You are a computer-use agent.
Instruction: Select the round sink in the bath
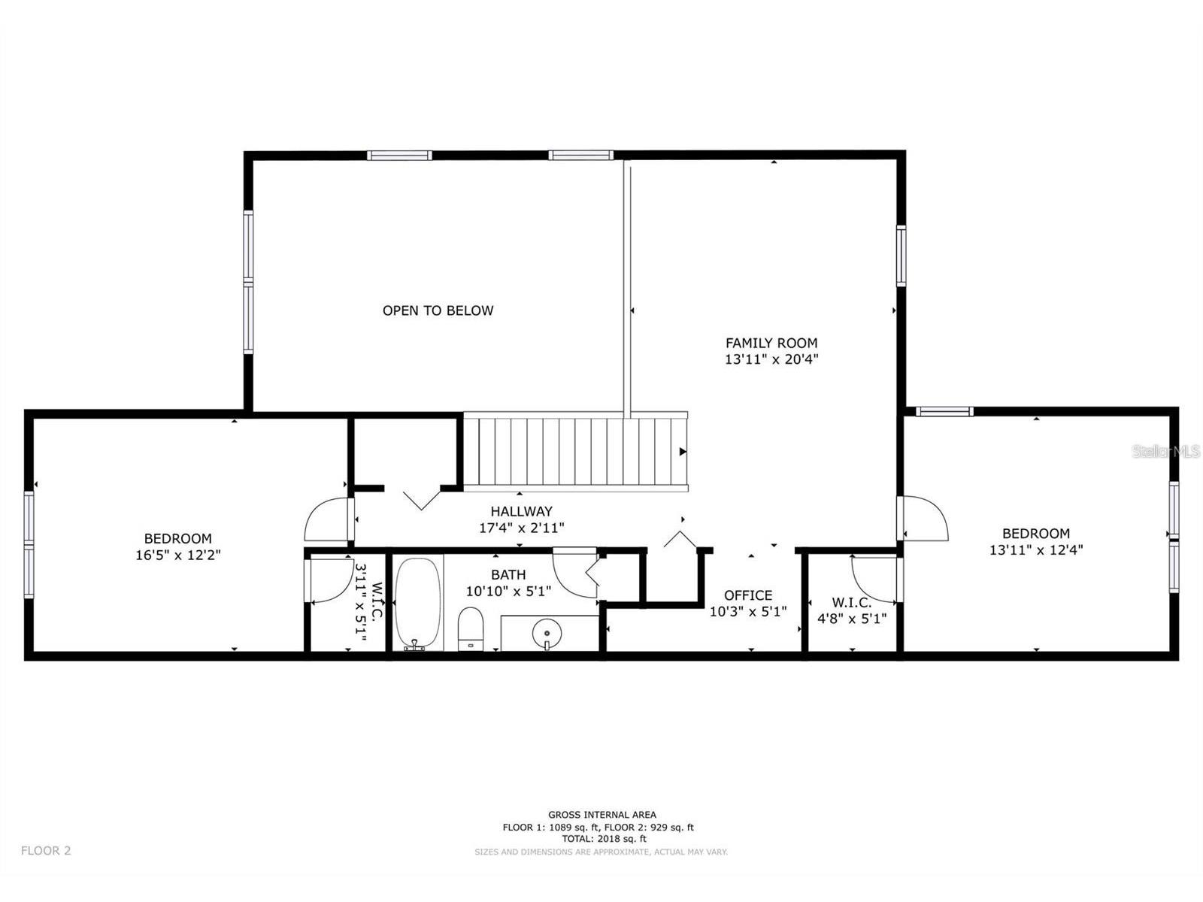coord(547,633)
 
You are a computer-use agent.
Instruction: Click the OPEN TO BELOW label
coord(438,310)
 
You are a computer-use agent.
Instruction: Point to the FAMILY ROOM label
coord(771,343)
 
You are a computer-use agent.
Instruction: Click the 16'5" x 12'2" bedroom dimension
coord(177,555)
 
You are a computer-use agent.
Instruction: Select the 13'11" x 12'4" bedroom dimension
coord(1036,550)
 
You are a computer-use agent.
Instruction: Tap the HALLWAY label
coord(521,511)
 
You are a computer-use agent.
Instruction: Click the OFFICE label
coord(747,595)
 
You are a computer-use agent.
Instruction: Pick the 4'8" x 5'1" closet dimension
coord(852,619)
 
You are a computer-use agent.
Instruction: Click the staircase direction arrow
coord(683,452)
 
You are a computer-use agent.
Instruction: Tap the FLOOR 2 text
coord(46,851)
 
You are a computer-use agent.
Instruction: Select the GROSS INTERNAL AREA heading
coord(601,815)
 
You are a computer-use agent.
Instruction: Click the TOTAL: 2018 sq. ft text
coord(604,839)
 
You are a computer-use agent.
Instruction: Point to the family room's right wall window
coord(901,256)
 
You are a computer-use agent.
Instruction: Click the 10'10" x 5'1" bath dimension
coord(508,592)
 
